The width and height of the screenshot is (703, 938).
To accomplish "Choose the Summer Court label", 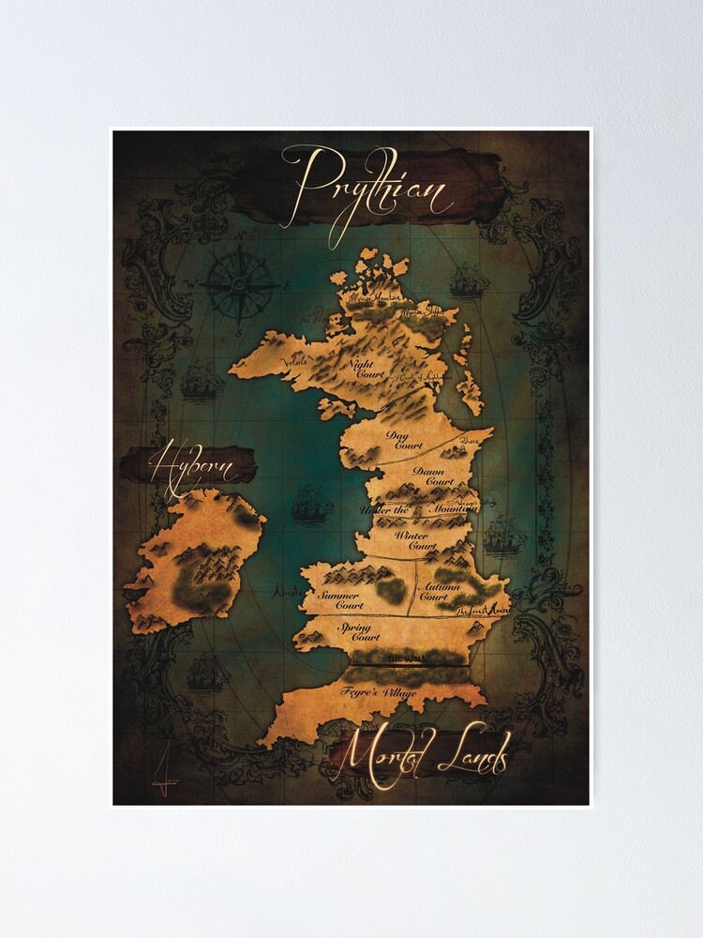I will click(341, 599).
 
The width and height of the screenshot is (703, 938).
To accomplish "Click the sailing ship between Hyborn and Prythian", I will click(311, 506).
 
